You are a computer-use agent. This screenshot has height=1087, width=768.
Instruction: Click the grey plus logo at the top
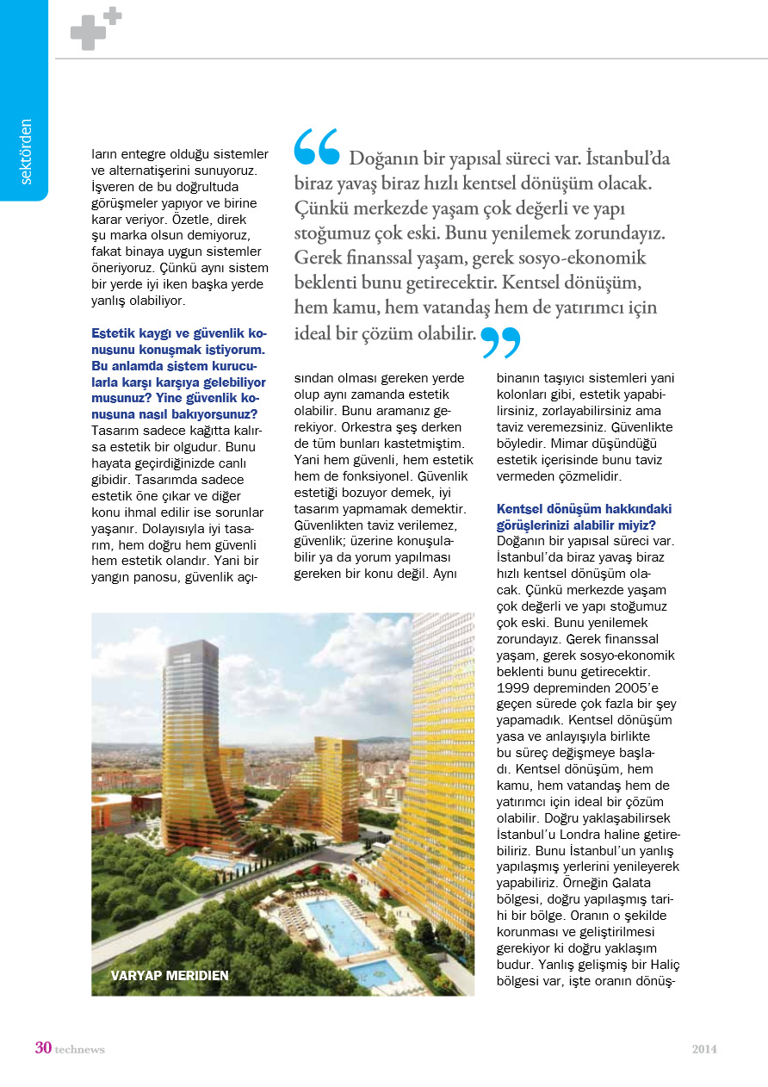(x=95, y=29)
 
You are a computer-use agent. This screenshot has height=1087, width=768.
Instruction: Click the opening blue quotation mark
(x=317, y=147)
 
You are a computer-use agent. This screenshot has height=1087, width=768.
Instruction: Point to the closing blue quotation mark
(x=500, y=342)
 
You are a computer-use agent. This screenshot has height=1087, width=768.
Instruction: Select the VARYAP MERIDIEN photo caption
(x=170, y=976)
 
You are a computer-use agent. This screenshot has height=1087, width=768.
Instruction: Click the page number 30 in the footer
(x=43, y=1048)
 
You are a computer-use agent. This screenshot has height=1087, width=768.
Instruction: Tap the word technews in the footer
(x=80, y=1049)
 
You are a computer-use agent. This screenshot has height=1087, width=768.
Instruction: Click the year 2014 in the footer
(x=704, y=1049)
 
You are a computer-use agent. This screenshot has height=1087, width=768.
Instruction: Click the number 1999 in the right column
(x=514, y=687)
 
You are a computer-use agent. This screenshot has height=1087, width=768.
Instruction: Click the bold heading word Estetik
(x=114, y=333)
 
